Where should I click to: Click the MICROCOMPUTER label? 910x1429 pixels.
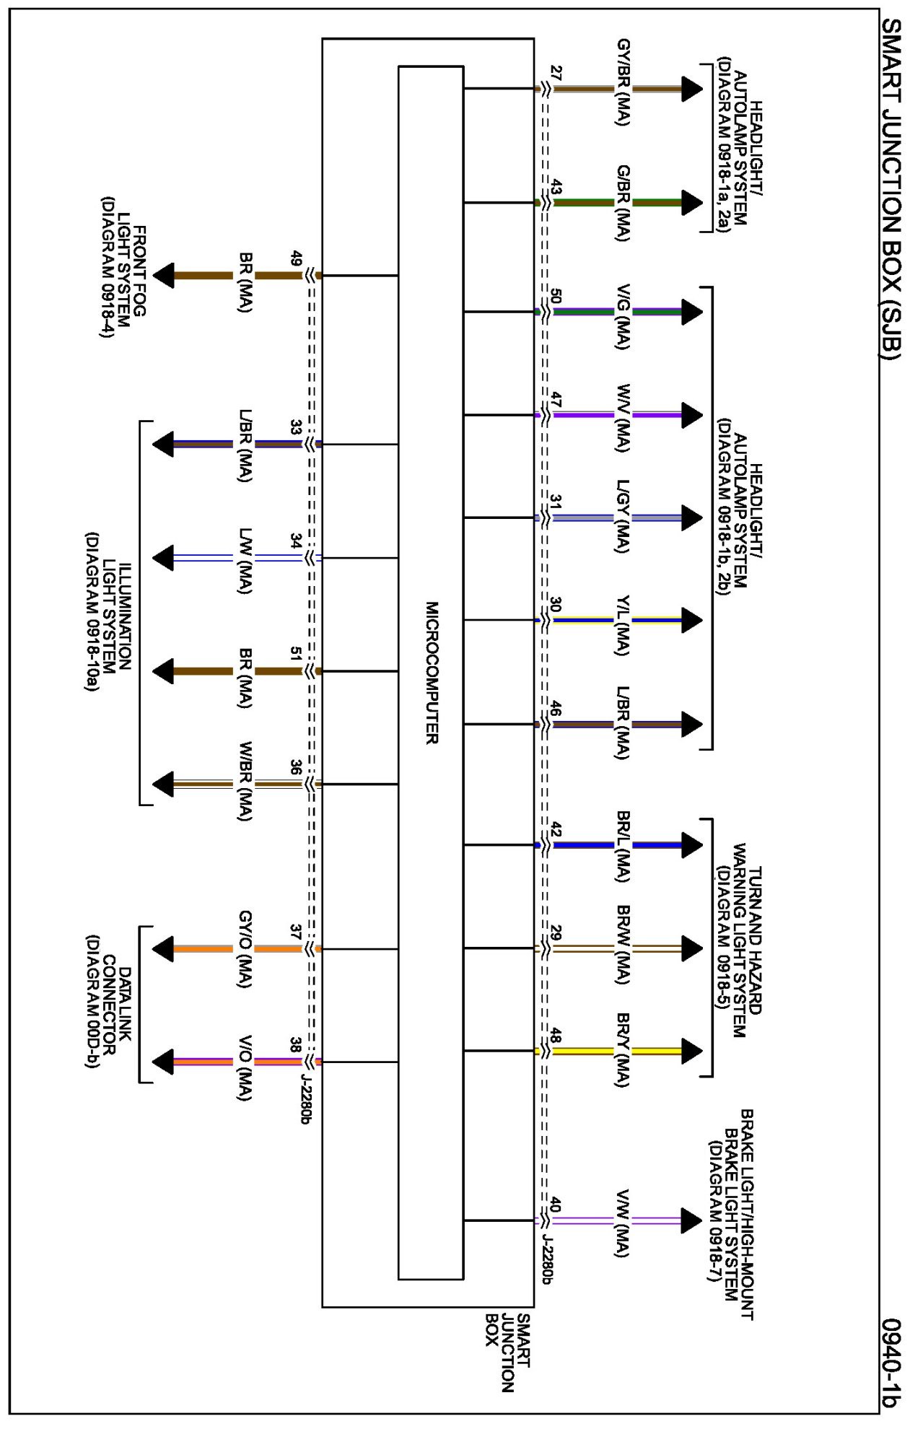[x=432, y=673]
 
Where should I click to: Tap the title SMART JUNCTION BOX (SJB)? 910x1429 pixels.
[x=892, y=188]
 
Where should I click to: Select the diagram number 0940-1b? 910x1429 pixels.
[x=892, y=1362]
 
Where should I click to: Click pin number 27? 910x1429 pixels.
[x=556, y=73]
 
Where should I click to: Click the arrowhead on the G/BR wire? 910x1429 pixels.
[x=691, y=203]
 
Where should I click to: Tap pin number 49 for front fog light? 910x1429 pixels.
[x=296, y=258]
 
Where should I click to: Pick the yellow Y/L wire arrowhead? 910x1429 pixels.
[x=691, y=620]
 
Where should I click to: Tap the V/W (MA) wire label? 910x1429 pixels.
[x=622, y=1223]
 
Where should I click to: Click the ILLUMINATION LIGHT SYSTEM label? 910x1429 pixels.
[x=108, y=612]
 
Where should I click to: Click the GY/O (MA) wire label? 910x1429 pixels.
[x=245, y=949]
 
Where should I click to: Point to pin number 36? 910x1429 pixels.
[x=296, y=767]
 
